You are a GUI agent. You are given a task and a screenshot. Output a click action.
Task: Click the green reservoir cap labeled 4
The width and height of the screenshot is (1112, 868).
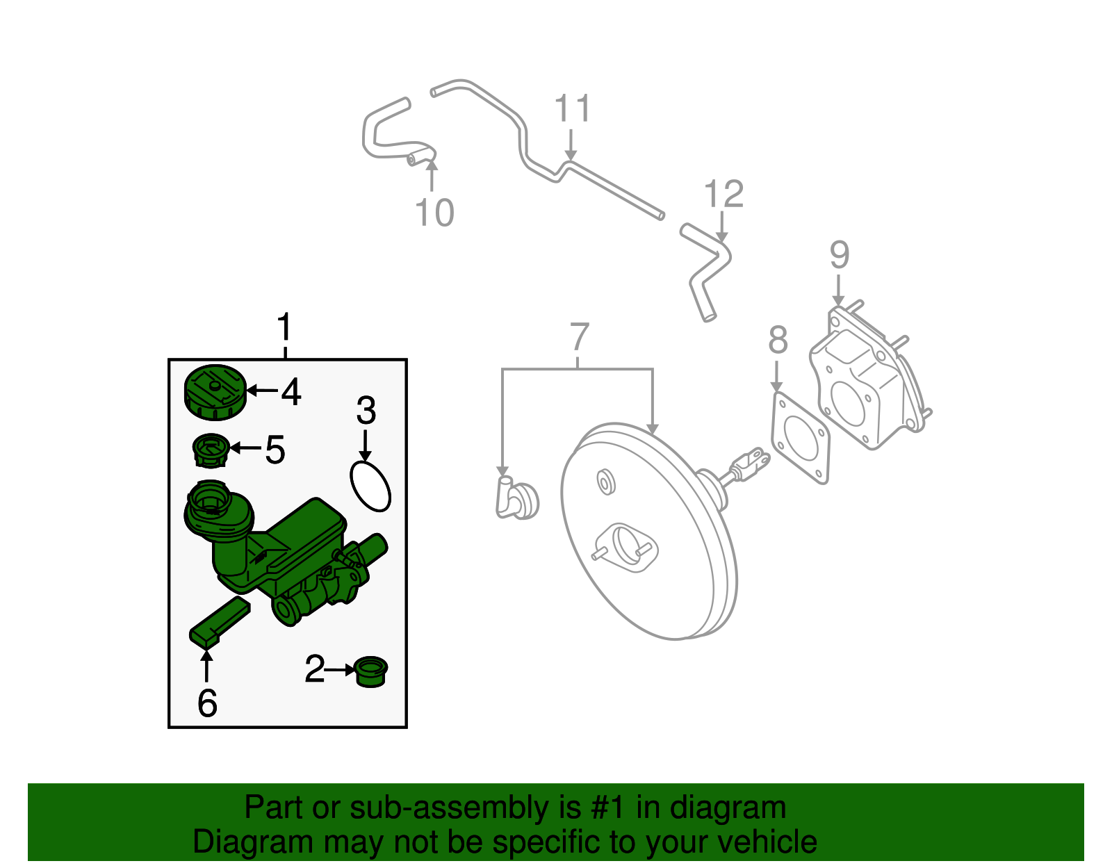(215, 393)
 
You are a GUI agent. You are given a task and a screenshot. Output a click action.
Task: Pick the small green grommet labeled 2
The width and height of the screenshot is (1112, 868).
(370, 671)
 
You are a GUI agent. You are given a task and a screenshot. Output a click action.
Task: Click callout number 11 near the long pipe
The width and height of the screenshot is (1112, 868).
(573, 109)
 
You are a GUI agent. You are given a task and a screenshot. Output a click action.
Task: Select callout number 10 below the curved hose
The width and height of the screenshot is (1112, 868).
(434, 212)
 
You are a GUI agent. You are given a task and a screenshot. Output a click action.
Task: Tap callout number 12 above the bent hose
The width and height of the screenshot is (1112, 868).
(723, 194)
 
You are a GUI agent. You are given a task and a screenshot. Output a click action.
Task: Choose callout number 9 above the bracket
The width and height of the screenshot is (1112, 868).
(840, 255)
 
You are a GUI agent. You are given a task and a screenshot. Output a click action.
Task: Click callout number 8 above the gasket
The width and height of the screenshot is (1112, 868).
(778, 341)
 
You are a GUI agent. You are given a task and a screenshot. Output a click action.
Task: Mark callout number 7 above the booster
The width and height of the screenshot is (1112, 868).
(580, 337)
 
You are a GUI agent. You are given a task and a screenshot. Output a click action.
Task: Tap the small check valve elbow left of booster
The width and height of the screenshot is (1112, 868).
(516, 498)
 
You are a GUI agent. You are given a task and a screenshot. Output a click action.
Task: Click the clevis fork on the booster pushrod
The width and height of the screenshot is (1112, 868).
(751, 462)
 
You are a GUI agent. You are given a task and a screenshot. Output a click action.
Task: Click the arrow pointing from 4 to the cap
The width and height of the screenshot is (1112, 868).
(263, 391)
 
